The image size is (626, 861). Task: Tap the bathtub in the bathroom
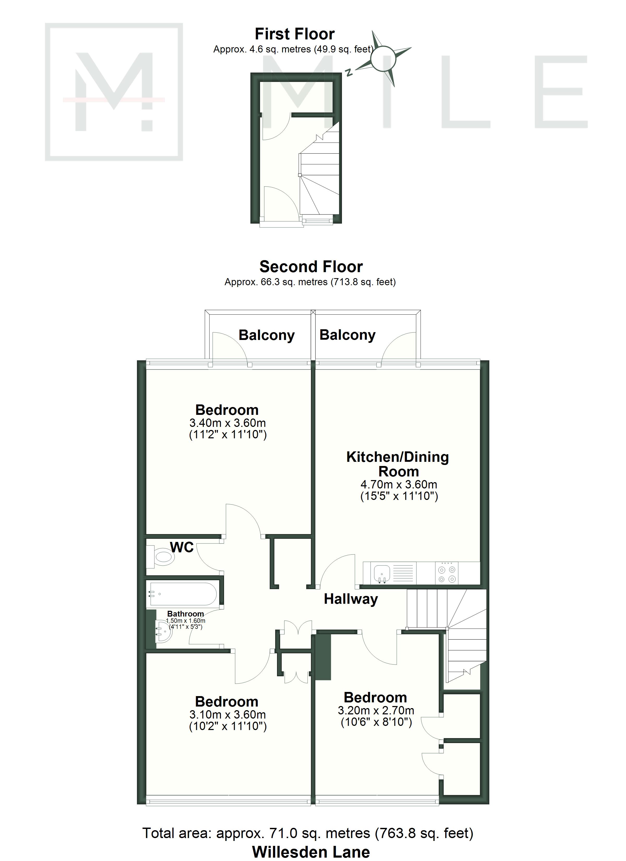pos(183,594)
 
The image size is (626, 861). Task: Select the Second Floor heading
pos(311,267)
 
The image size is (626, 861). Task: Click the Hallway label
pos(351,599)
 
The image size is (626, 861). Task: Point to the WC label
pos(182,547)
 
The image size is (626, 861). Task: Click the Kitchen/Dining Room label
pos(398,464)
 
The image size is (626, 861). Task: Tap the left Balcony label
pos(267,336)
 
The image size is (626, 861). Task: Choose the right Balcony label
pos(347,335)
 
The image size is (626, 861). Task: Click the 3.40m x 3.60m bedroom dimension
pos(228,423)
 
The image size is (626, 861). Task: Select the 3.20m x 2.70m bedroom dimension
pos(376,710)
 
